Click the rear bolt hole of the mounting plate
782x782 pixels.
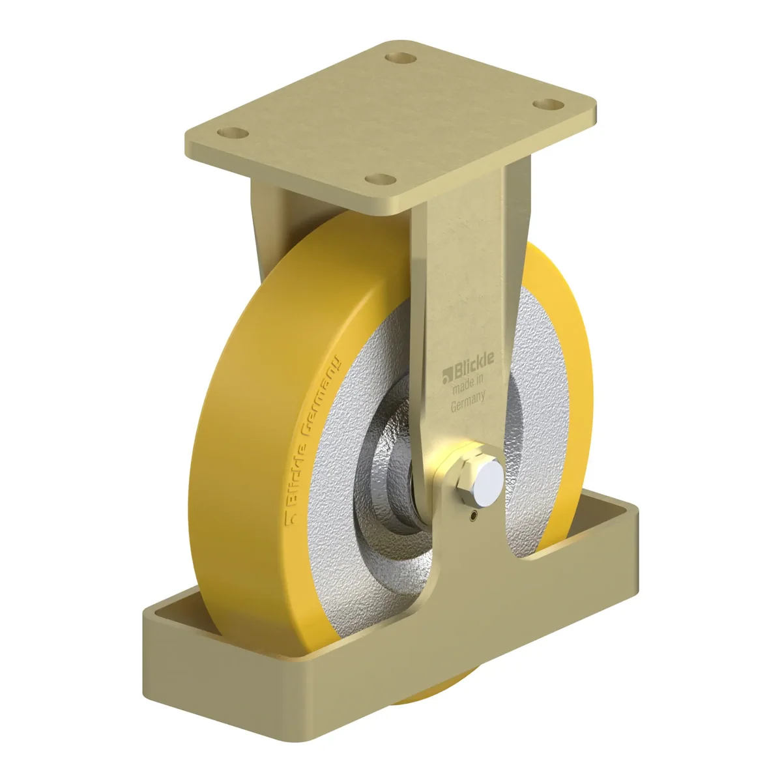tap(401, 58)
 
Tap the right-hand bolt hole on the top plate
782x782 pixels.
tap(549, 104)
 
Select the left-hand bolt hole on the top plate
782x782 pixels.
tap(233, 133)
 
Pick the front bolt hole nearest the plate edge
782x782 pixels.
tap(380, 179)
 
